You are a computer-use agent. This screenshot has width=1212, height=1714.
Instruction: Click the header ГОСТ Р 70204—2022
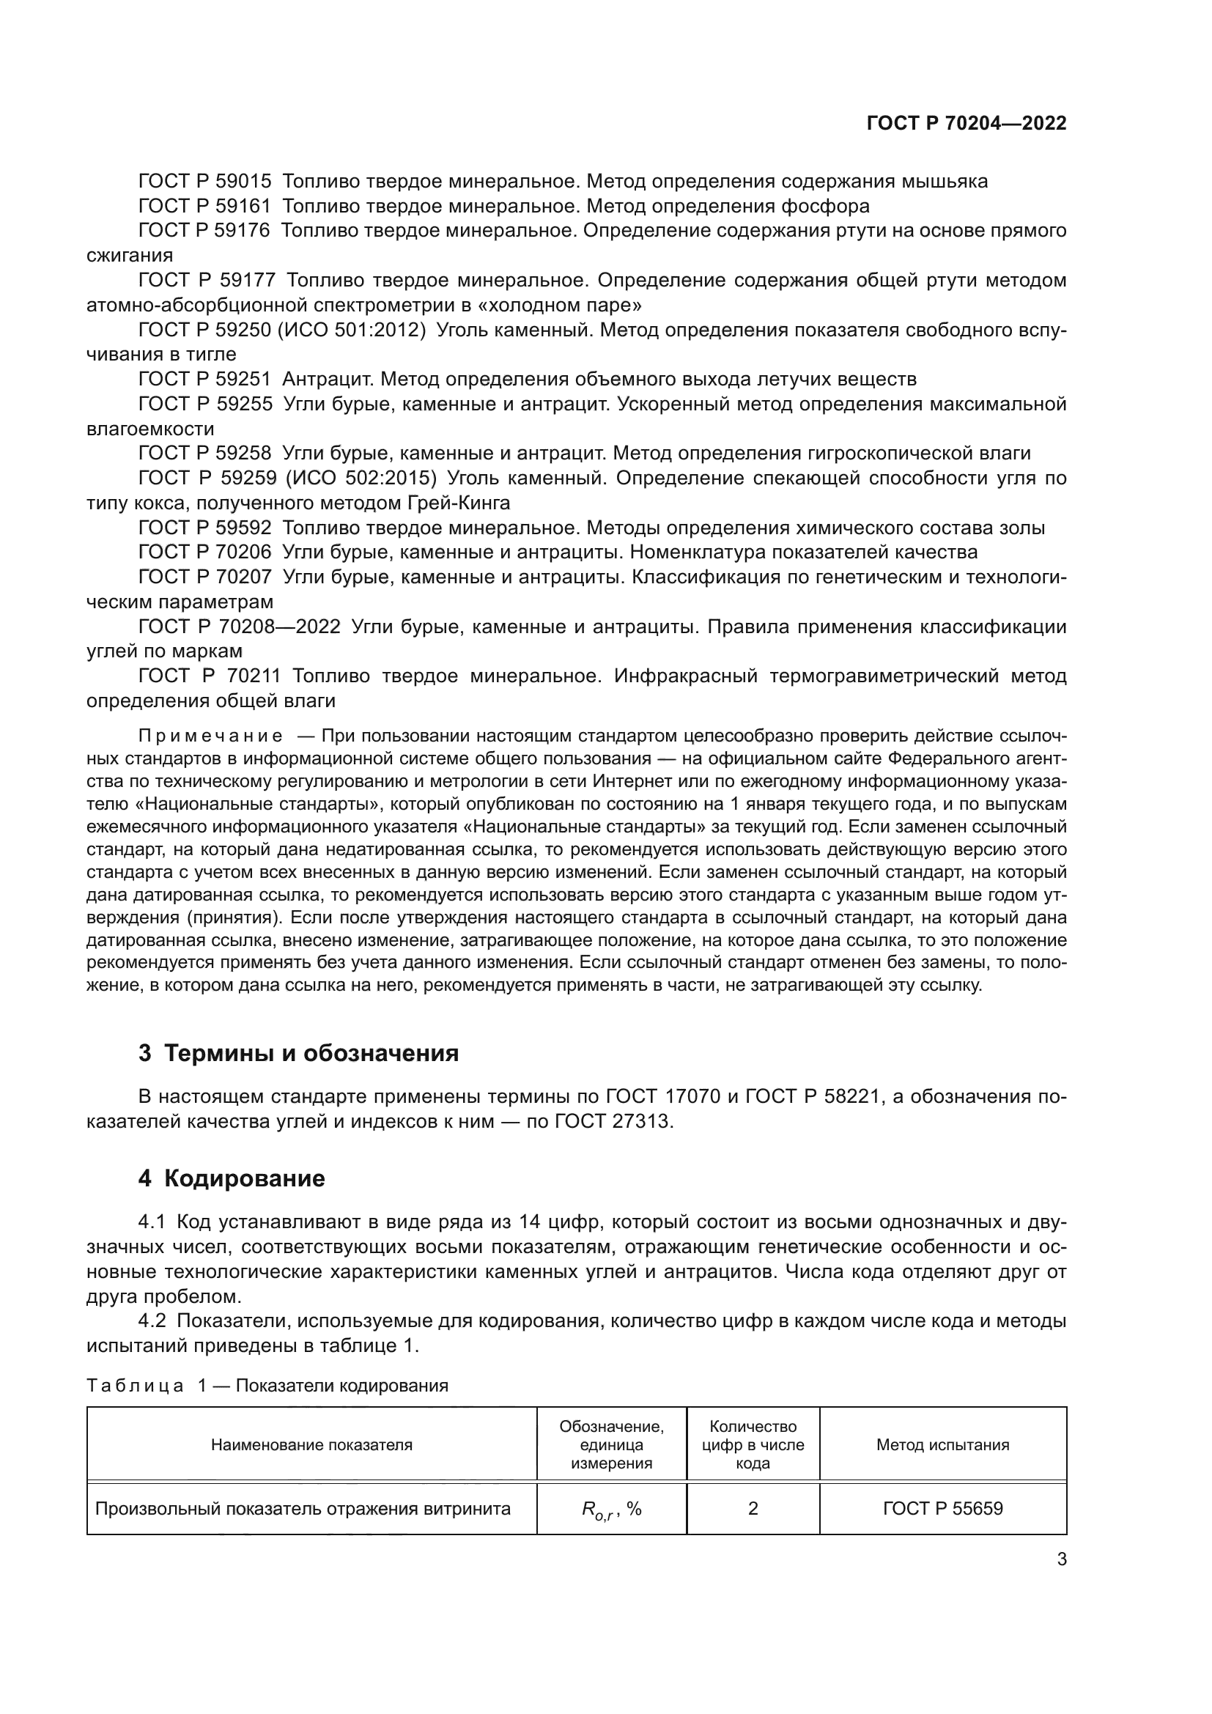click(966, 124)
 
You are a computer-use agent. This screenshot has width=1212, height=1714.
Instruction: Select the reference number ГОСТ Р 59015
click(204, 182)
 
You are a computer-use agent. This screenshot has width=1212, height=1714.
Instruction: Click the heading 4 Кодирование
click(232, 1178)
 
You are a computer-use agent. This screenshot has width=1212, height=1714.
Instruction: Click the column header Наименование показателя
click(311, 1444)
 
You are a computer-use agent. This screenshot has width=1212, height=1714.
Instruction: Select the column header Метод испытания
click(942, 1444)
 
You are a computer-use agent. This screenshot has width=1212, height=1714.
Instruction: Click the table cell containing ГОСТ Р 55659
click(942, 1509)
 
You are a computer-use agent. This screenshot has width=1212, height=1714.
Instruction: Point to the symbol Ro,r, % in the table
click(611, 1510)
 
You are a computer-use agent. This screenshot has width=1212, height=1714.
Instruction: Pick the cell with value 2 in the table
click(753, 1509)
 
